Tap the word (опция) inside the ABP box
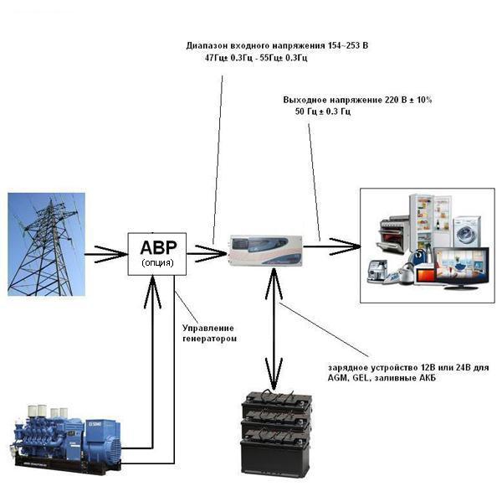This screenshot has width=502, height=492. coord(156,262)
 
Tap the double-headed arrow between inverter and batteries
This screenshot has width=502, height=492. coord(274,327)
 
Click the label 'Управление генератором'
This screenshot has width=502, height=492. coord(209,333)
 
